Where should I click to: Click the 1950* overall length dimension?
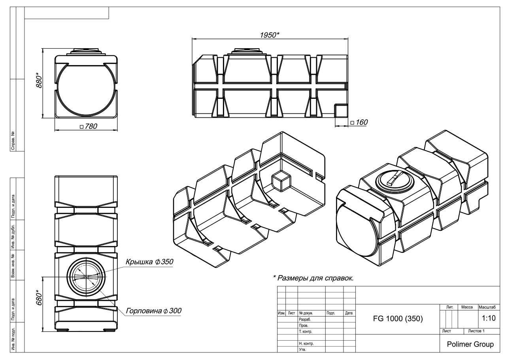point(270,34)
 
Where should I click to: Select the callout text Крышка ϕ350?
point(150,262)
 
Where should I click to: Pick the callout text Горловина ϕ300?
point(154,311)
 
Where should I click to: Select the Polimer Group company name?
point(470,344)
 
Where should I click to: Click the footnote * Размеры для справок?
point(313,278)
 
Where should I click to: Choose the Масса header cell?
point(468,307)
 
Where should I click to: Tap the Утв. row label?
point(302,349)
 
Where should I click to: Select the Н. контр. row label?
point(306,343)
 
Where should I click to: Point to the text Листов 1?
point(476,331)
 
